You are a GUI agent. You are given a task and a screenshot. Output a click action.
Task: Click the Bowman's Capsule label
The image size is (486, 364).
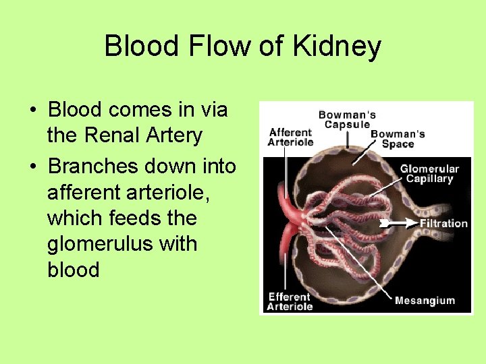348,119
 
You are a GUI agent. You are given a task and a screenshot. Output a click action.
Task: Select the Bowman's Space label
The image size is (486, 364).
398,139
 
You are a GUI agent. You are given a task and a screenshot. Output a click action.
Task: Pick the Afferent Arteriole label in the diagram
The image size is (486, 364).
290,137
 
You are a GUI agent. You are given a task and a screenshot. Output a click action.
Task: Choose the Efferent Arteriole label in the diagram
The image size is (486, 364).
290,301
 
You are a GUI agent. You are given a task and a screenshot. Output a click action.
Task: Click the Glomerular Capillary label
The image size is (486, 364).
429,174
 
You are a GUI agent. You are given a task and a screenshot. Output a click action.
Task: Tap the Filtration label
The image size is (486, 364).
443,223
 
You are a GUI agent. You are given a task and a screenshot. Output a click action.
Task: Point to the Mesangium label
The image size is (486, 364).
425,301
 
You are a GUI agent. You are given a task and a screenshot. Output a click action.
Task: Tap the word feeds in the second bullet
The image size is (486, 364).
142,218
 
